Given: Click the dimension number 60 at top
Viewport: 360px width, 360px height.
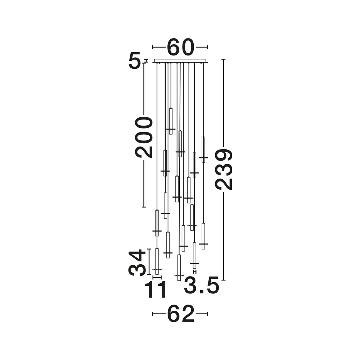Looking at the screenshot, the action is click(180, 47).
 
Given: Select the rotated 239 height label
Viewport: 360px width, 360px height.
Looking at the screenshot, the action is click(224, 170).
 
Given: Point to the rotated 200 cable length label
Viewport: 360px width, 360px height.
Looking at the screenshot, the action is click(144, 137).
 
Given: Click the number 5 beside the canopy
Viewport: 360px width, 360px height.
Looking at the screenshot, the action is click(134, 60).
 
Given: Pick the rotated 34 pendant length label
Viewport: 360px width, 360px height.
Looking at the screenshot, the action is click(137, 263).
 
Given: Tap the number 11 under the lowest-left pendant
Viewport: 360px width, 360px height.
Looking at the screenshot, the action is click(155, 289).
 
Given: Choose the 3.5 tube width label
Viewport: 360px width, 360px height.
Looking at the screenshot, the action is click(201, 285).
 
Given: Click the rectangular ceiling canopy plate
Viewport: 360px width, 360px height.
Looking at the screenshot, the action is click(180, 60).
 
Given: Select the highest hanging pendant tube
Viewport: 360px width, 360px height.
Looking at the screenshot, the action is click(171, 121).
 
